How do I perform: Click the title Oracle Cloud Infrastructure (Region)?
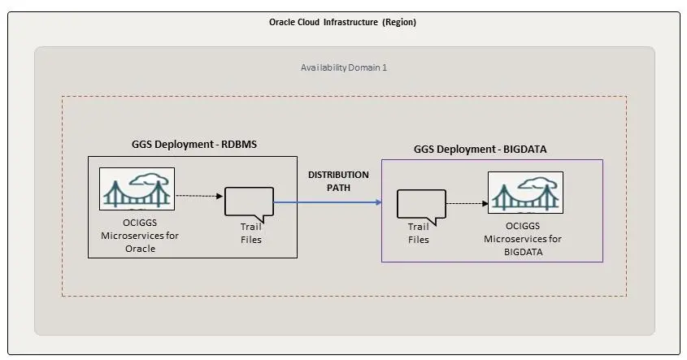point(342,23)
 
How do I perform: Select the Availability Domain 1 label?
point(344,67)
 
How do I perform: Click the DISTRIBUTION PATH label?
point(338,180)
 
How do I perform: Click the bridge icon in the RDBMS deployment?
point(137,189)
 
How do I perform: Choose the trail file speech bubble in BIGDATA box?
point(421,206)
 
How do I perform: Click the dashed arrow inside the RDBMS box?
point(199,195)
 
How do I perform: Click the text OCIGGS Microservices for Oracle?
point(139,236)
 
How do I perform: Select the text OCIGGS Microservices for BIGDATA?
point(524,239)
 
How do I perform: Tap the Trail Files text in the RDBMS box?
point(251,234)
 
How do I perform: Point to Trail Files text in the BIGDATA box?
point(418,233)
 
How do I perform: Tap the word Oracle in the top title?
point(283,23)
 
